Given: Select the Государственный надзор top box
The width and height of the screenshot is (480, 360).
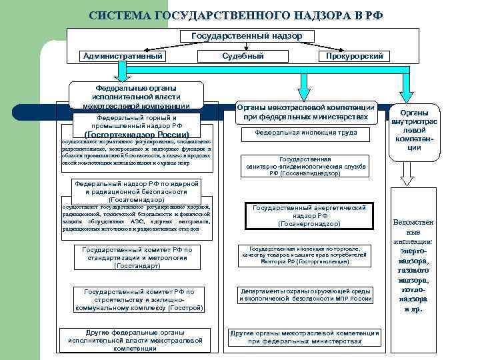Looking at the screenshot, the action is coord(246,35).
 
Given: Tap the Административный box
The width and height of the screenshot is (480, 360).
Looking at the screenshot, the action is coord(123,56).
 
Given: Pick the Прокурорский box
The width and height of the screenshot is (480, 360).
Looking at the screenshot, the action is coord(354,57).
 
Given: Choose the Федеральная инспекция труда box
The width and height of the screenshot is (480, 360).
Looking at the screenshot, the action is coord(306,133).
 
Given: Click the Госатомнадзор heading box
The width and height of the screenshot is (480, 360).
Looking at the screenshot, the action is coord(138,191).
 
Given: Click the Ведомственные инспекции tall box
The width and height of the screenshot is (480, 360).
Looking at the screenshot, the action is coord(413,267).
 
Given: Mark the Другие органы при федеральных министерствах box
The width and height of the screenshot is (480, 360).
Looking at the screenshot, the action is coord(305,337).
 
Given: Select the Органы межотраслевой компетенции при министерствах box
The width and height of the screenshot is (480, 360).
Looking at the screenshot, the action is coord(307,112).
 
